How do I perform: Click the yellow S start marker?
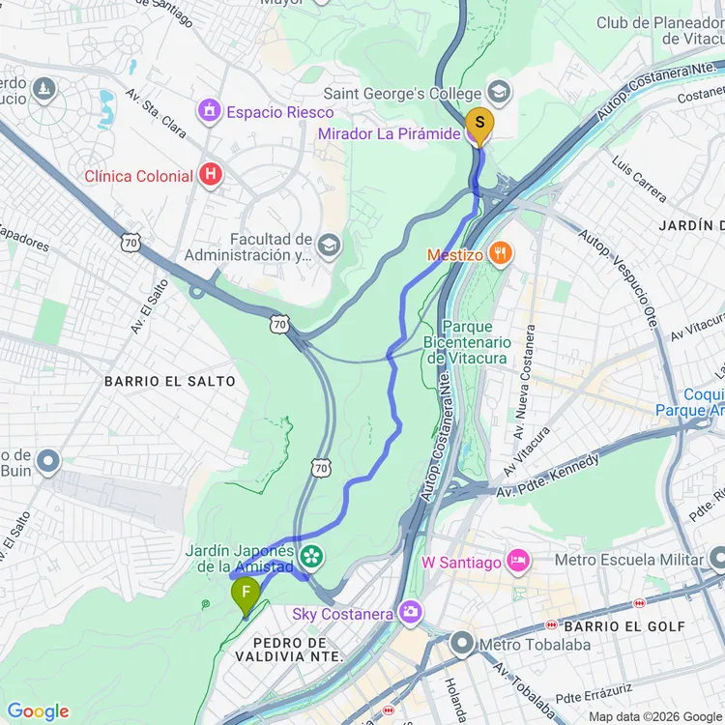click(478, 124)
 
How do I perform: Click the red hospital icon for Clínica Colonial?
click(209, 176)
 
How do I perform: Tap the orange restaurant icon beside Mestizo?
click(500, 254)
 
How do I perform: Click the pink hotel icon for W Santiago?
click(518, 562)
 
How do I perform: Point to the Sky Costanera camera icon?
click(412, 613)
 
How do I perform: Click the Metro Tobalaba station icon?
click(462, 643)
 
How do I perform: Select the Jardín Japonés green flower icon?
click(311, 556)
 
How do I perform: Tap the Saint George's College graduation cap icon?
click(499, 93)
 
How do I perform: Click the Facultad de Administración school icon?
click(330, 246)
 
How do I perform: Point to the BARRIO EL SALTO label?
click(170, 382)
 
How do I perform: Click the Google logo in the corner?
click(38, 711)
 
